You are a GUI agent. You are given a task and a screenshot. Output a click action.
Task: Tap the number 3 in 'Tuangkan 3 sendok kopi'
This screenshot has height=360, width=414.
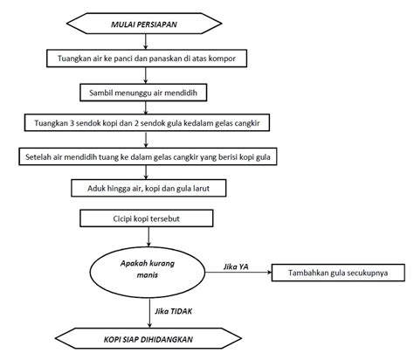click(x=67, y=123)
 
